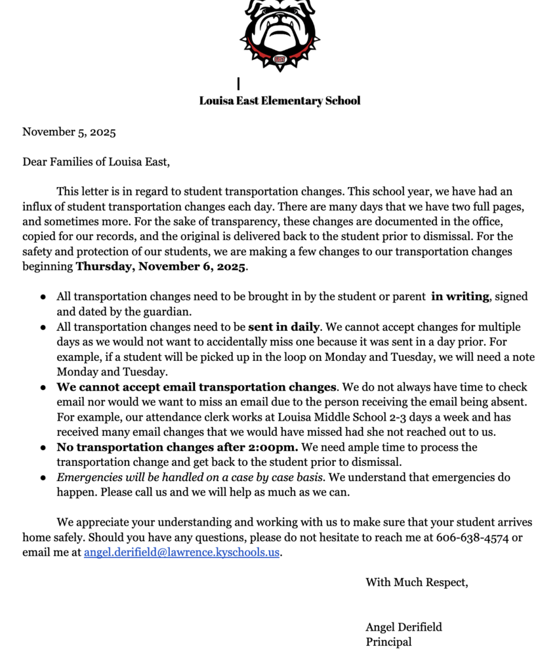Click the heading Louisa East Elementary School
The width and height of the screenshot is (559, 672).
(279, 100)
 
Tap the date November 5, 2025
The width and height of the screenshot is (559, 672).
(69, 132)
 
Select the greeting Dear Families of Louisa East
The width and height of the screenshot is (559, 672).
(96, 161)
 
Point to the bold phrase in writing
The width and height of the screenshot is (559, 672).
(459, 297)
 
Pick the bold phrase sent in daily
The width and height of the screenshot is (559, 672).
(283, 327)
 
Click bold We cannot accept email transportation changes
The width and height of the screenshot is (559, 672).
(196, 387)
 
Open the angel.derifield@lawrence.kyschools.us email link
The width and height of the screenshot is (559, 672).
(182, 553)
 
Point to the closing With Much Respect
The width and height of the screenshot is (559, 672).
(417, 582)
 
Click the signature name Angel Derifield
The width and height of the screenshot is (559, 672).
(404, 627)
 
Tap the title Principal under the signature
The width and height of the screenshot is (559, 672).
(388, 642)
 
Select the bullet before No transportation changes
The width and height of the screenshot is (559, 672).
(43, 448)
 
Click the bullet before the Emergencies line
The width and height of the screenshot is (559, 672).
(43, 478)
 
